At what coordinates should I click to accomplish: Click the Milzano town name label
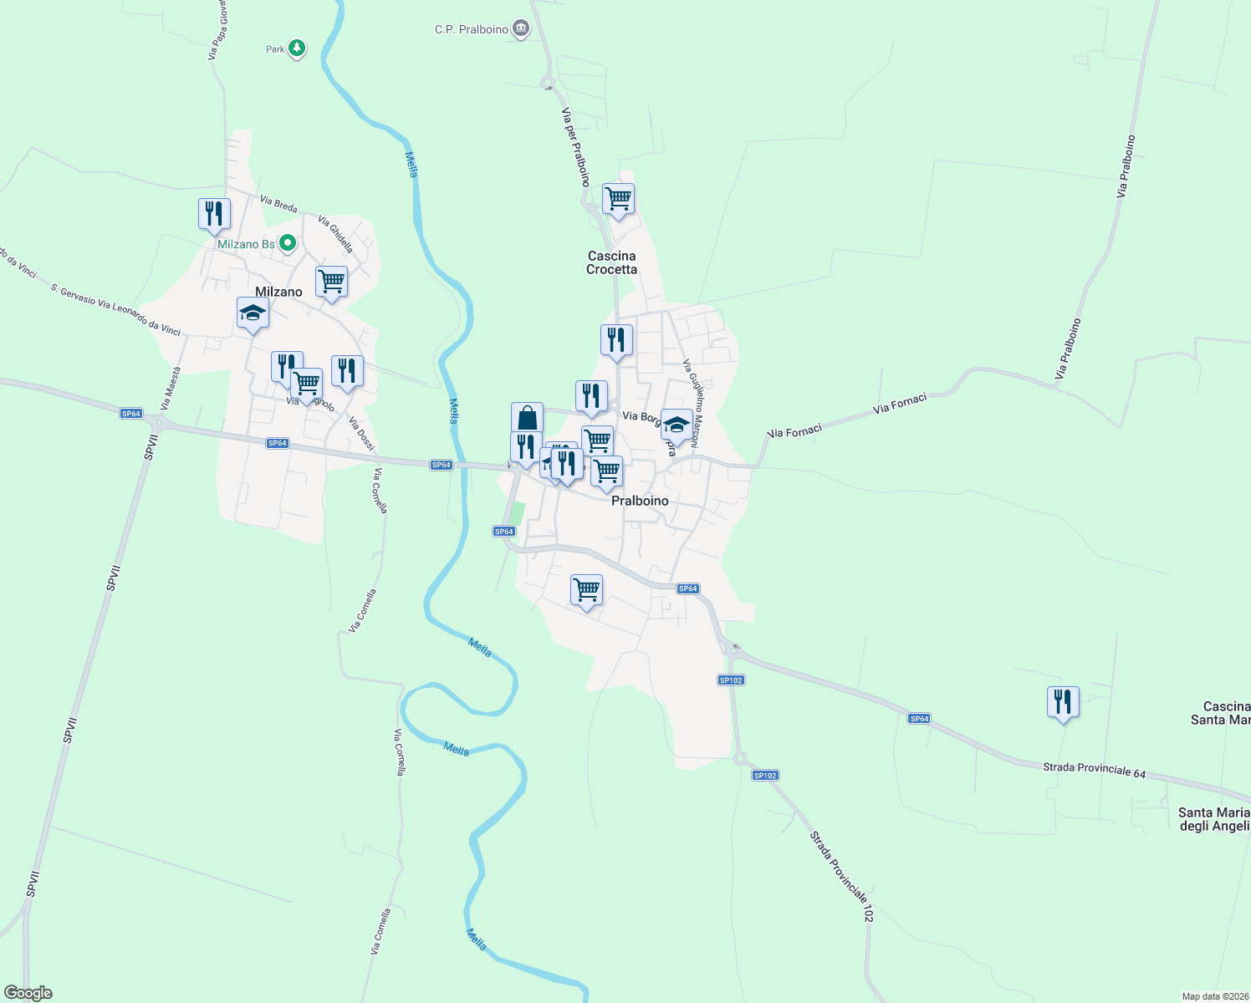(x=278, y=292)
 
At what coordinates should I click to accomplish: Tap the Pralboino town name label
(x=640, y=501)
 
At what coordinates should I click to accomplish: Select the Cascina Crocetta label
(x=611, y=262)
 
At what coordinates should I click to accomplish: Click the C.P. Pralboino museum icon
(x=522, y=29)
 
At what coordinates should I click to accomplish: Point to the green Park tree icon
(x=296, y=48)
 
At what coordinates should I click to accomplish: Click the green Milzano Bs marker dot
(x=288, y=243)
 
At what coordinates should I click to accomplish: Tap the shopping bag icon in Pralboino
(x=527, y=418)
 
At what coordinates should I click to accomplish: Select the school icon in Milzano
(x=253, y=313)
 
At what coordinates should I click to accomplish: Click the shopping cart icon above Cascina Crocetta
(x=618, y=200)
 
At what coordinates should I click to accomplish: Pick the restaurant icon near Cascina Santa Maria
(x=1063, y=702)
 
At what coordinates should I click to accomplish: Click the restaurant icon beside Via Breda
(x=214, y=214)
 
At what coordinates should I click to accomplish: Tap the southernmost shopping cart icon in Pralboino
(x=586, y=590)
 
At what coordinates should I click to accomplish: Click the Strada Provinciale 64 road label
(x=1094, y=770)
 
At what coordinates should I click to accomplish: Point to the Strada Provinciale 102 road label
(x=841, y=877)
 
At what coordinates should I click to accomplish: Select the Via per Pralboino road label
(x=575, y=147)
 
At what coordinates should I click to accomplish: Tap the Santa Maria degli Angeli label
(x=1213, y=819)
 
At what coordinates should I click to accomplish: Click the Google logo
(x=28, y=993)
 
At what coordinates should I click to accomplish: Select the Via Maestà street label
(x=171, y=387)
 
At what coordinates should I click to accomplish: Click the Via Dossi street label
(x=361, y=434)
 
